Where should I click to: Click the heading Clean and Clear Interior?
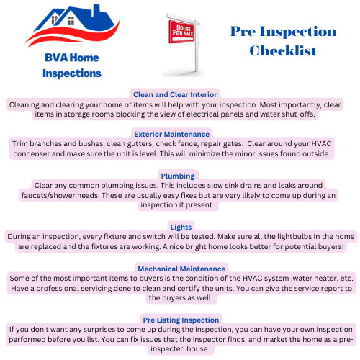coord(175,94)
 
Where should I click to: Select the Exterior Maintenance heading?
coord(171,134)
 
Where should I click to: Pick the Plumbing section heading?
coord(177,176)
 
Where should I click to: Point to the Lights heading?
coord(179,227)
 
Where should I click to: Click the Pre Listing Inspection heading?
coord(180,320)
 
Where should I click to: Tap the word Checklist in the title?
coord(282,50)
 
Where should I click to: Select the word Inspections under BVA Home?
coord(72,73)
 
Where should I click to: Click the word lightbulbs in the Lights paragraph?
coord(276,236)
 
